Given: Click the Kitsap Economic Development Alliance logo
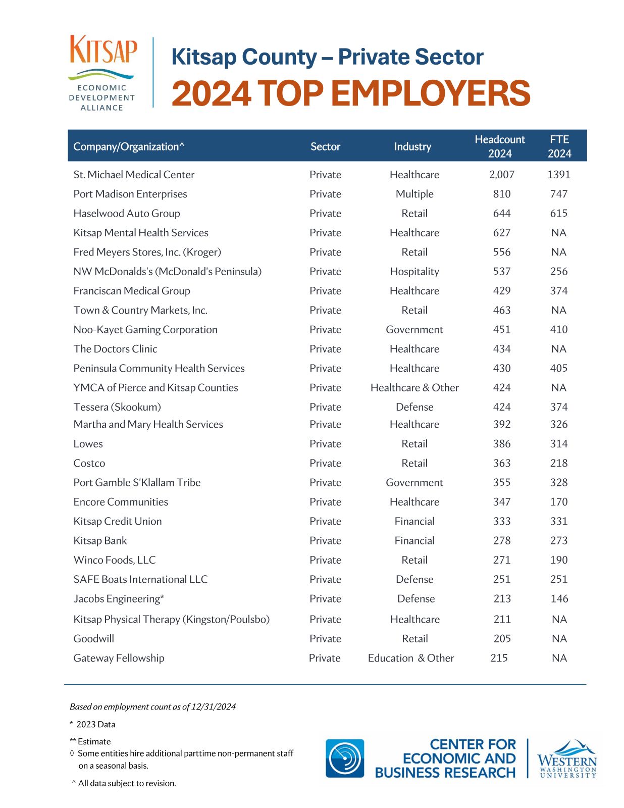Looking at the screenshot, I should pos(102,72).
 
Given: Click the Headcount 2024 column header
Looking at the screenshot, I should pos(499,146).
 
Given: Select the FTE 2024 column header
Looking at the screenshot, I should pos(559,146).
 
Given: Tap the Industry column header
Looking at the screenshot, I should pos(412,146).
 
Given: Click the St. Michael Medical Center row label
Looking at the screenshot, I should pos(134,175).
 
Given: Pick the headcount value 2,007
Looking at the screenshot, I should pos(501,175).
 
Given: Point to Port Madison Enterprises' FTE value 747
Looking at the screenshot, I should pos(558,194).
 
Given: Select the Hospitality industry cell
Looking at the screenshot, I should pos(414,272).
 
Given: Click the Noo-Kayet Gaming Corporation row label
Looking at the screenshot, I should pos(145,330).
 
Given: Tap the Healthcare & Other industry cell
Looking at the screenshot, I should pos(414,388).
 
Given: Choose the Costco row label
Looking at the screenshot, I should pos(89,463).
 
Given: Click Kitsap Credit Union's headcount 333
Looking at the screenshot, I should pos(501,521).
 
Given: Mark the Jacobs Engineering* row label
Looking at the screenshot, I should pos(119,599).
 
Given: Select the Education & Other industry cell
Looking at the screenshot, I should pos(411,658).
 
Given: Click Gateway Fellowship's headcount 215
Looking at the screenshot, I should pos(499,658).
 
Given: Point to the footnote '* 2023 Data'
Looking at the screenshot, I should pos(93,724).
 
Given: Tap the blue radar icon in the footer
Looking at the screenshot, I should pos(344,758).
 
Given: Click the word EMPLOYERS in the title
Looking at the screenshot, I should pos(430,94).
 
